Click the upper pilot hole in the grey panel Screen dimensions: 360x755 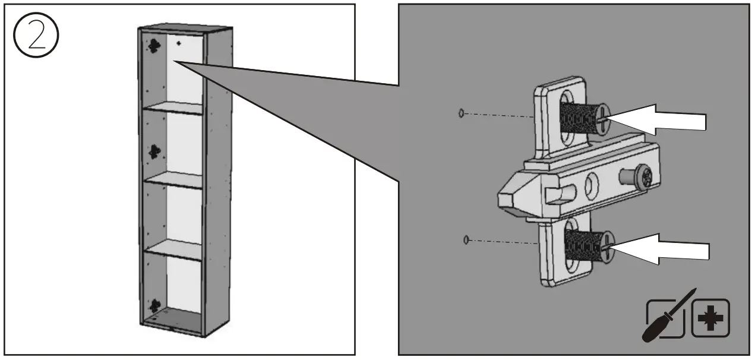coord(462,113)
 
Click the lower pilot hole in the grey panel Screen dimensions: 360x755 coord(466,239)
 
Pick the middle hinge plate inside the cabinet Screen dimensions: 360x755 coord(154,152)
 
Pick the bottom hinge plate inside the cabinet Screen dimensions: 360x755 coord(154,306)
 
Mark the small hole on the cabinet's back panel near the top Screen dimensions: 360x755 coord(179,43)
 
